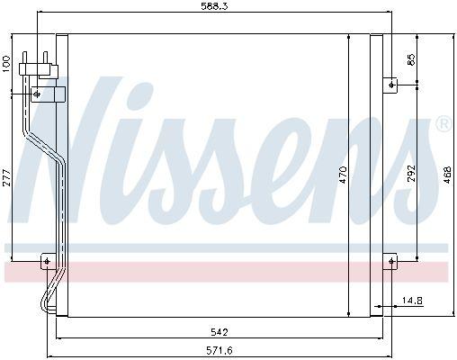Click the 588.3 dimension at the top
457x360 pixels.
coord(213,8)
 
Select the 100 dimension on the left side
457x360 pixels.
coord(7,64)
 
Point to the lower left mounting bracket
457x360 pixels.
coord(48,262)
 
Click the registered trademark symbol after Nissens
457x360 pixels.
coord(443,124)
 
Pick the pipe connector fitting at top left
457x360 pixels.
coord(40,64)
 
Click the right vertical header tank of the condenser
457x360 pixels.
coord(376,175)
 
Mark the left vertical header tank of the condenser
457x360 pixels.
coord(62,175)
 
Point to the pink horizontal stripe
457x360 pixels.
coord(225,272)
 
